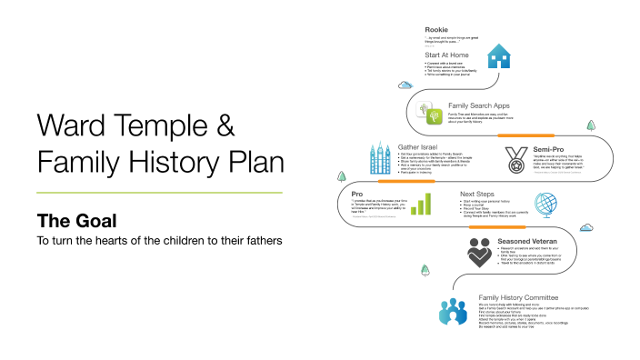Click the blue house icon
[x=499, y=57]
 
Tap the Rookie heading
[x=436, y=29]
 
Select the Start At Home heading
[x=445, y=55]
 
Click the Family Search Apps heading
[x=477, y=105]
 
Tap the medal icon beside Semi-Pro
[x=515, y=158]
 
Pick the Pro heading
[x=356, y=194]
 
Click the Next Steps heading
[x=477, y=194]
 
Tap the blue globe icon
[x=545, y=205]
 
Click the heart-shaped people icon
[x=480, y=252]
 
